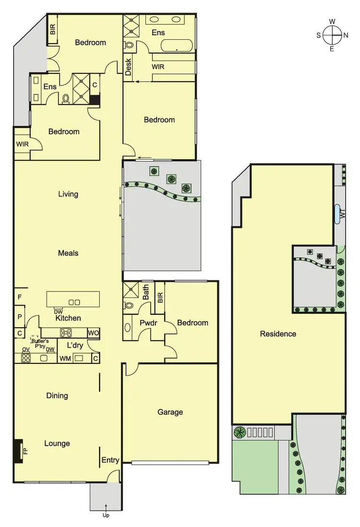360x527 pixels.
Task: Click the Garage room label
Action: point(170,412)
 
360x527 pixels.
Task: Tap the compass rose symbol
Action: point(332,35)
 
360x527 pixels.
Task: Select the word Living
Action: point(68,194)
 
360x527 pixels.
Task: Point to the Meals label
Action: point(68,253)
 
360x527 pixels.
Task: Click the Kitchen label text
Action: point(68,318)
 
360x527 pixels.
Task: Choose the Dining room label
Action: point(57,396)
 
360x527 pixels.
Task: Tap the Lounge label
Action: point(57,443)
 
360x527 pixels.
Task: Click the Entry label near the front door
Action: point(110,460)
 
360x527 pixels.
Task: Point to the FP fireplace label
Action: point(25,452)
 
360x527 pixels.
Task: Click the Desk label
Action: point(128,67)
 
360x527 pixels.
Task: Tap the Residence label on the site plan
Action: point(278,334)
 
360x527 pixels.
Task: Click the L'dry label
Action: point(75,345)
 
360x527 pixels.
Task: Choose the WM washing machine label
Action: point(65,358)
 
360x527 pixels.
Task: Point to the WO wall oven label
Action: point(93,333)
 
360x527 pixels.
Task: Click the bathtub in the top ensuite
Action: point(177,47)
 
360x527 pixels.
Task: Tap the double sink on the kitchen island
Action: point(74,302)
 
